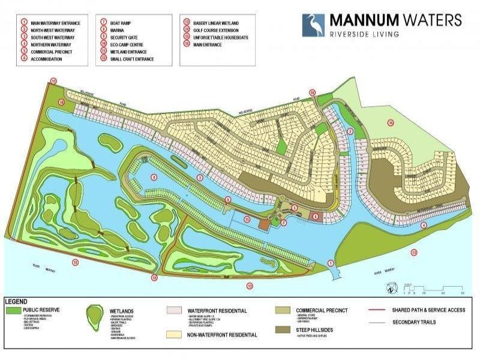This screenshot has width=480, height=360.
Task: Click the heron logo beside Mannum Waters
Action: (313, 25)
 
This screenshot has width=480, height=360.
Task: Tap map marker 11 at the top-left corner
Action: (53, 80)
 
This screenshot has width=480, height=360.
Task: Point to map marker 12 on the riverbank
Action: (154, 277)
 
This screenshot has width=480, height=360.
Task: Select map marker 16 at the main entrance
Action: (312, 92)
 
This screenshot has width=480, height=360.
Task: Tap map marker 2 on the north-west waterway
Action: (350, 131)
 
